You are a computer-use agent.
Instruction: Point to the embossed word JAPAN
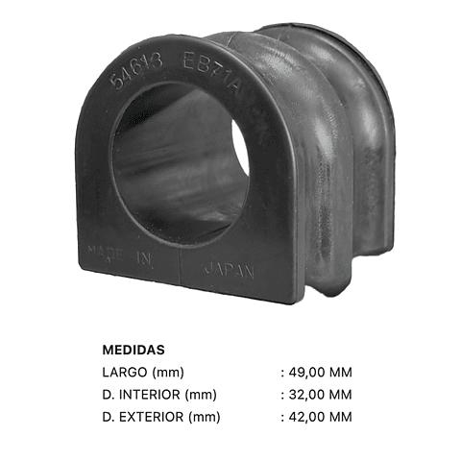[x=229, y=271]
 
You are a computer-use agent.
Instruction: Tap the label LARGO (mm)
[x=142, y=372]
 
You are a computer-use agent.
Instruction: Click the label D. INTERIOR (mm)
[x=158, y=394]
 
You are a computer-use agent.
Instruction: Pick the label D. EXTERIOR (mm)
[x=160, y=416]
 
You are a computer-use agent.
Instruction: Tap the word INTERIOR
[x=151, y=394]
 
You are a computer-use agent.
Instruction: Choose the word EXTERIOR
[x=152, y=416]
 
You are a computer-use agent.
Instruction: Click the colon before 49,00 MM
[x=282, y=373]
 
